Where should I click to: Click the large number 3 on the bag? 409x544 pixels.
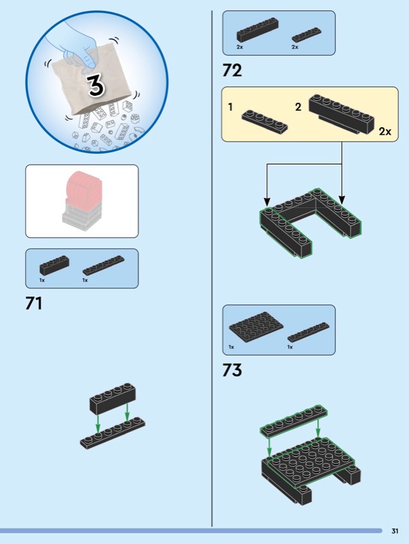point(95,85)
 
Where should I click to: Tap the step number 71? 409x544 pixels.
point(33,303)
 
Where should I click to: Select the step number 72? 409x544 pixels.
point(232,70)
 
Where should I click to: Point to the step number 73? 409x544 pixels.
point(232,370)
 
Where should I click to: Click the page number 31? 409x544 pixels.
point(395,531)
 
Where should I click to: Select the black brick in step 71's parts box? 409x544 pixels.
point(54,265)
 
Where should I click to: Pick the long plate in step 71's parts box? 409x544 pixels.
point(103,265)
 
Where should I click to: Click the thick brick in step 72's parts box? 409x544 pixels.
point(257,30)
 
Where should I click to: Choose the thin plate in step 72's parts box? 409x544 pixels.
point(306,35)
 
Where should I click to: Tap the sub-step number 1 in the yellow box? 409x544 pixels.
point(230,107)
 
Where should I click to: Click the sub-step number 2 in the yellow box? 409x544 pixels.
point(298,107)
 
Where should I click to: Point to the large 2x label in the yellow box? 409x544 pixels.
point(385,131)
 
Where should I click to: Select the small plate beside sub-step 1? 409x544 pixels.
point(264,122)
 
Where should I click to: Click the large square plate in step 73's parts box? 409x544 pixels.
point(256,327)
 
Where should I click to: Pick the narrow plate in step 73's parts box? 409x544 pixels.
point(308,333)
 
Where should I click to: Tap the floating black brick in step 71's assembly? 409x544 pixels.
point(113,398)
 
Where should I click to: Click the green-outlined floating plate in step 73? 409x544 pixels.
point(294,421)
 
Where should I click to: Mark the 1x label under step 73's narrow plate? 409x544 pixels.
point(290,347)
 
